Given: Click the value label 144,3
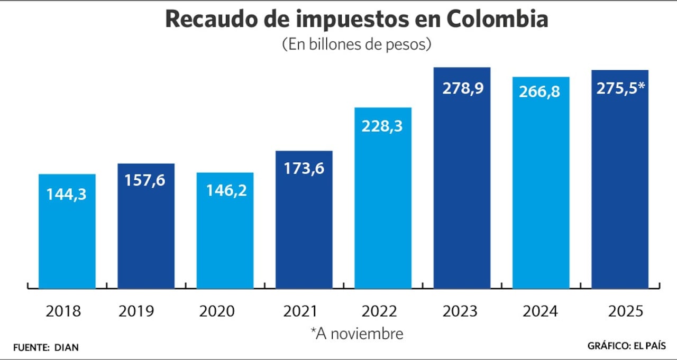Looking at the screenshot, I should [x=67, y=194].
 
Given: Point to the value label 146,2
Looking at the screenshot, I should [x=225, y=190].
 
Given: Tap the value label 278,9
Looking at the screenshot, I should [x=462, y=88].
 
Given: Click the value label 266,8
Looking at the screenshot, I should [x=541, y=93].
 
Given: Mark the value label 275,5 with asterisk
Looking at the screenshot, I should [x=620, y=88].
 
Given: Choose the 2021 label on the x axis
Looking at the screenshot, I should [x=304, y=311].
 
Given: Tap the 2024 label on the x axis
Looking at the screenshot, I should [x=541, y=311].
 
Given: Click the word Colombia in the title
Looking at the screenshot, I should [x=497, y=19].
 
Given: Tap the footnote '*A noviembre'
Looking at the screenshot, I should [x=356, y=334].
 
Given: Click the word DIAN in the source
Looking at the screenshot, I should [x=66, y=347].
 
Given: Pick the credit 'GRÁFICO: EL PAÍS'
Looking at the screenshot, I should [x=626, y=346].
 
